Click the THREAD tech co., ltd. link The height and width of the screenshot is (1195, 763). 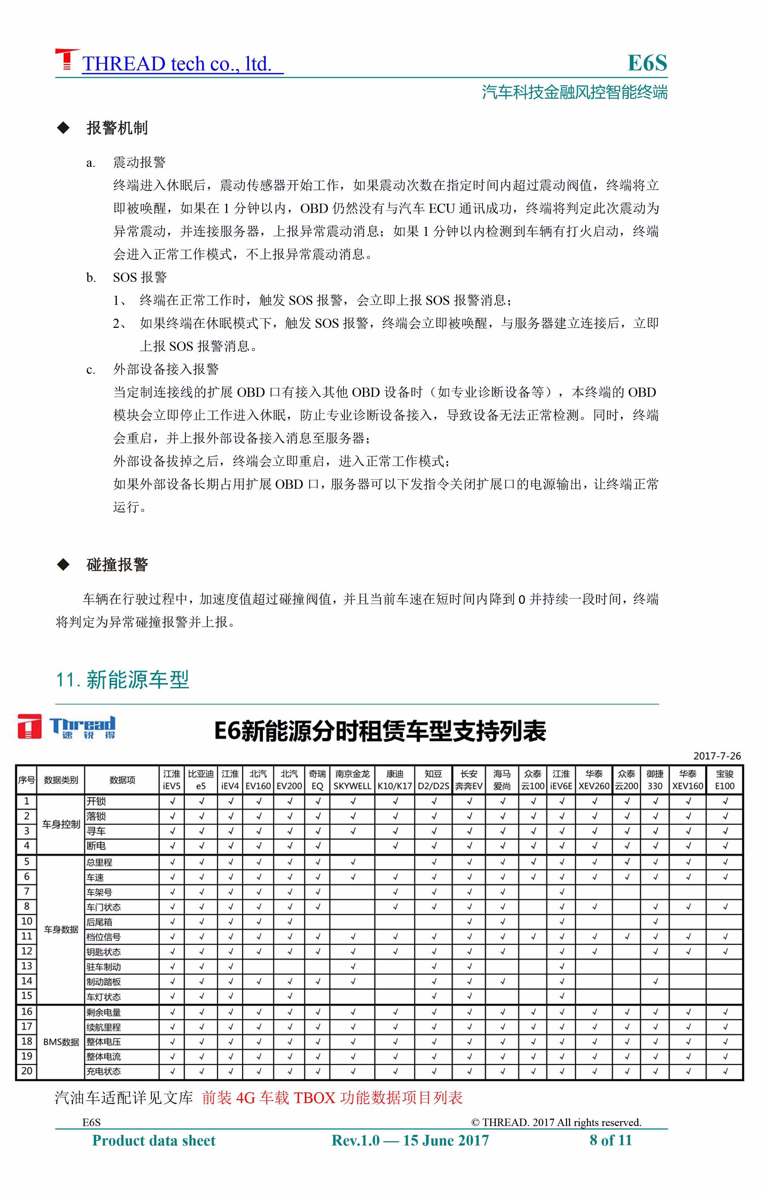[177, 64]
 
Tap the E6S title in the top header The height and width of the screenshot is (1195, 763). [647, 63]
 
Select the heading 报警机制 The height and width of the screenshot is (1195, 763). [117, 128]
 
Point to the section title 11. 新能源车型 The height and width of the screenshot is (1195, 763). [123, 680]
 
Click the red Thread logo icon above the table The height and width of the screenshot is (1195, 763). [29, 727]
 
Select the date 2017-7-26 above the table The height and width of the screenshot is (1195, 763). [717, 756]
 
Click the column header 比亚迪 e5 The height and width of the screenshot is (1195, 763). [201, 779]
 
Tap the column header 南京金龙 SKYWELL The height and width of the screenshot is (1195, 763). [352, 779]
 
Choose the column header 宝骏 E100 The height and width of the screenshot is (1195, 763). [725, 779]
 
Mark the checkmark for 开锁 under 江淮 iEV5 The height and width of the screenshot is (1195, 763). [172, 801]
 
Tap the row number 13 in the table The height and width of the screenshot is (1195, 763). [27, 966]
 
